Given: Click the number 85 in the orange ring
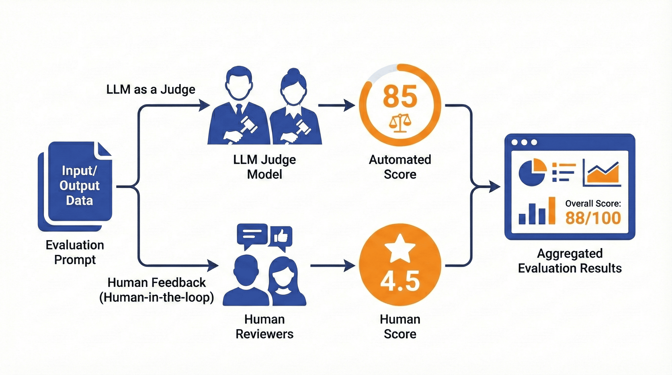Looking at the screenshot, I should [400, 97].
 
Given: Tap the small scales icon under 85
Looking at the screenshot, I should [400, 123].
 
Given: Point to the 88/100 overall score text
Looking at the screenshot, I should [593, 218].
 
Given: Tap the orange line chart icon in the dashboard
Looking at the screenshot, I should [603, 173].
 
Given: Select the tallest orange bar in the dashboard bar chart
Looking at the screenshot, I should [552, 211].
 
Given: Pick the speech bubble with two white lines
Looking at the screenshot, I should [252, 234].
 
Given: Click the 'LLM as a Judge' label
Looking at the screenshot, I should [151, 90].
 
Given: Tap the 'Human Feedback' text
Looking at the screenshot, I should [157, 283].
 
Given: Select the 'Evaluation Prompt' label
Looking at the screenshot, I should [75, 252].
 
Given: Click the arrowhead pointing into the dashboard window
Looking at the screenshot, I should [494, 187].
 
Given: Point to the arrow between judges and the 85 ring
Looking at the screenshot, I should [336, 105].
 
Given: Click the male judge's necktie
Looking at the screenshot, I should [239, 110].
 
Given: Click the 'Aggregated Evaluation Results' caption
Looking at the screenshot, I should [570, 261].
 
